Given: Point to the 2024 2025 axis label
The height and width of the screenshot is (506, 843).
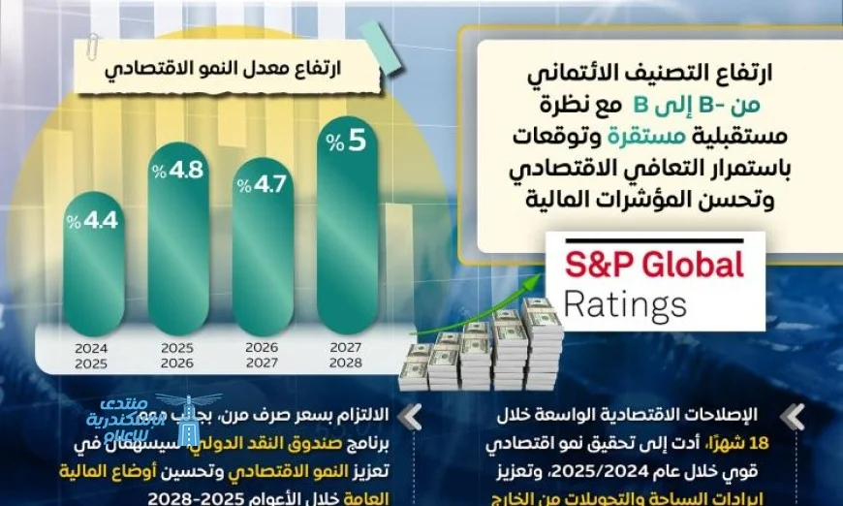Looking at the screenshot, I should (x=90, y=356).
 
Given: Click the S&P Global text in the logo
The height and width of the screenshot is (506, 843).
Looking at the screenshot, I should (x=654, y=265).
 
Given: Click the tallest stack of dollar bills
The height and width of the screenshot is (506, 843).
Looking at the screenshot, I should (x=539, y=334).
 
